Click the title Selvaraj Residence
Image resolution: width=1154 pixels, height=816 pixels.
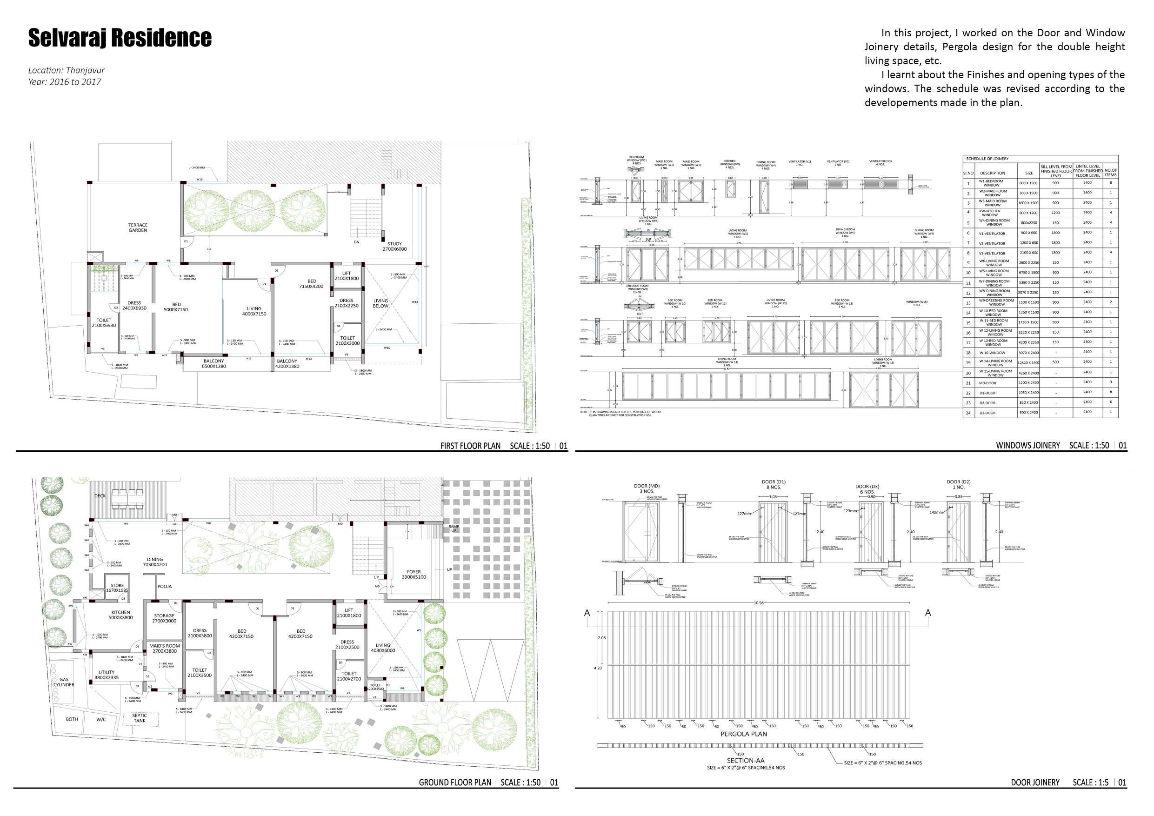(120, 38)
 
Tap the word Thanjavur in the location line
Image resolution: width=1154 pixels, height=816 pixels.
(85, 70)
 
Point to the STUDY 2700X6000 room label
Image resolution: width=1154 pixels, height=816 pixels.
(394, 247)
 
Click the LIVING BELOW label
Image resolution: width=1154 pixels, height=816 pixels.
(380, 303)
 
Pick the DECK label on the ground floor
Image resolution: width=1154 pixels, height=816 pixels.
(100, 496)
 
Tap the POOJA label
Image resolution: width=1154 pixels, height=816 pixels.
(164, 586)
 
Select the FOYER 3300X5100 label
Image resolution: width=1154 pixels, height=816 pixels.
(414, 574)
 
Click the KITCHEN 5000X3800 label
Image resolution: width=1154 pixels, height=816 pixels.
(120, 615)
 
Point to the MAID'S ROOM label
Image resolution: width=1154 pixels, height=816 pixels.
(164, 648)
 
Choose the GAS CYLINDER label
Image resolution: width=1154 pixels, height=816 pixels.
(64, 682)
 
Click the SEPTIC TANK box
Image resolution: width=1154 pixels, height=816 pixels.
(140, 718)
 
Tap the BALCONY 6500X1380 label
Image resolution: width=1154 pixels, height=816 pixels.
(213, 363)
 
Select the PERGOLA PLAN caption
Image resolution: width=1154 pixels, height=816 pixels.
(743, 734)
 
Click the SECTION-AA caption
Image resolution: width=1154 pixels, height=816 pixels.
(745, 761)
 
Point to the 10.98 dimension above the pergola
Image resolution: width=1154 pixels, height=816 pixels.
(759, 603)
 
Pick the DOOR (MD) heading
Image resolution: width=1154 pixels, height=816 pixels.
(647, 486)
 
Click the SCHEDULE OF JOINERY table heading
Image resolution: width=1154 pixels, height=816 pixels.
(987, 159)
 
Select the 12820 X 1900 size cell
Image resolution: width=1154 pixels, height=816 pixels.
(1028, 362)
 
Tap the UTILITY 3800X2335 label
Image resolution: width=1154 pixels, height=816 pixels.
(107, 675)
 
